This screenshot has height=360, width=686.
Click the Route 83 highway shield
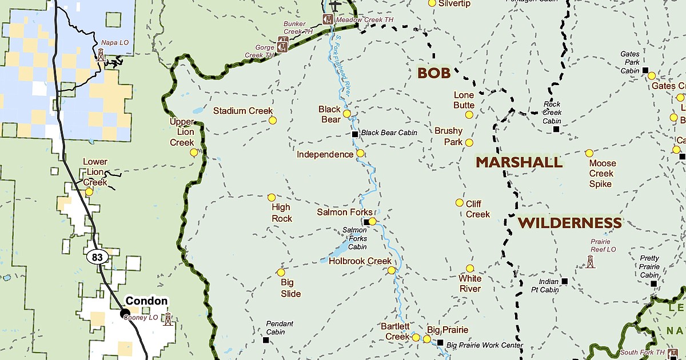[x=97, y=258]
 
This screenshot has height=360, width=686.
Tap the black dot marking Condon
[x=125, y=313]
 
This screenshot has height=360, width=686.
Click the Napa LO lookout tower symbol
[x=101, y=54]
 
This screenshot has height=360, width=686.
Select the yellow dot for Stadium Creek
[x=273, y=121]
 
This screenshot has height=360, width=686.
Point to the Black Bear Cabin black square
[x=354, y=134]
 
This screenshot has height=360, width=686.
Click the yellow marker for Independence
[x=360, y=153]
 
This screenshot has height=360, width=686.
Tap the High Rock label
[x=281, y=213]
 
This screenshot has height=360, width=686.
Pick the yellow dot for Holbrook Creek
[x=391, y=270]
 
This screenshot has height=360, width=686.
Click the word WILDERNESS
[x=569, y=223]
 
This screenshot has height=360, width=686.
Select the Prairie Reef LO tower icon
[x=591, y=262]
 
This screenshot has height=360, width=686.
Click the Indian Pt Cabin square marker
[x=565, y=281]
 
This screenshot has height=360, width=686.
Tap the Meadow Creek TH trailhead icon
[x=328, y=19]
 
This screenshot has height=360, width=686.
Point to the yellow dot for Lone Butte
[x=469, y=115]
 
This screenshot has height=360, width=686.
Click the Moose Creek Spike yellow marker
[x=589, y=153]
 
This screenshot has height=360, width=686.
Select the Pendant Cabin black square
[x=266, y=340]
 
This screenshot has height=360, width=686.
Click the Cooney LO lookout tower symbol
[x=167, y=319]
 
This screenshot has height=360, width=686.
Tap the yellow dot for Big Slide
[x=281, y=273]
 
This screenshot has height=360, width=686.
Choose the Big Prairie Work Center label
[x=484, y=345]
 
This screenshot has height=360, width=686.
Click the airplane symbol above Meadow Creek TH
[x=336, y=5]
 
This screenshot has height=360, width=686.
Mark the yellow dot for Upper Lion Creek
[x=194, y=153]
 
